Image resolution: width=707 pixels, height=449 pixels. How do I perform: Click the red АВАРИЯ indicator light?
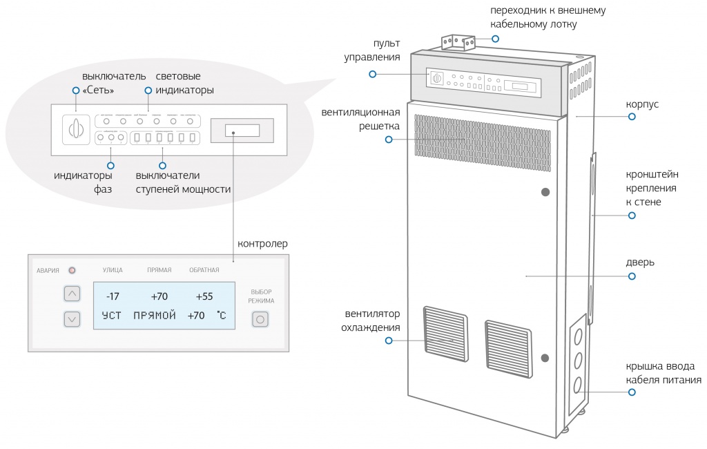point(71,270)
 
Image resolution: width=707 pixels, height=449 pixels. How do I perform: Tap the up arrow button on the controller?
point(72,294)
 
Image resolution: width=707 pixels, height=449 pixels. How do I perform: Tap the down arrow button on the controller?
point(72,319)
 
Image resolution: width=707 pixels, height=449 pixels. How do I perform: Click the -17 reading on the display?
point(113,297)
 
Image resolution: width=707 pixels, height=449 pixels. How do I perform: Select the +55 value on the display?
point(204,297)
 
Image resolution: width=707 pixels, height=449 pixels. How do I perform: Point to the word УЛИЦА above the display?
point(113,270)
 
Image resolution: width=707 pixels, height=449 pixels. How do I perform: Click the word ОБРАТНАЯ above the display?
point(204,270)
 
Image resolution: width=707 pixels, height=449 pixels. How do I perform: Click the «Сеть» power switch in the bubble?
point(76,129)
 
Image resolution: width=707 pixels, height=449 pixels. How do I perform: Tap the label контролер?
point(262,244)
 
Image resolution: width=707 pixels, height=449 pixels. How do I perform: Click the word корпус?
point(642,104)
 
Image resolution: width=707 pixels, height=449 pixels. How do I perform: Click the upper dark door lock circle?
point(545,192)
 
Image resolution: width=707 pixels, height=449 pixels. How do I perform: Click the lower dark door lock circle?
point(545,358)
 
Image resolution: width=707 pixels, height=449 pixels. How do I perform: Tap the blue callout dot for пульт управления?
point(373,74)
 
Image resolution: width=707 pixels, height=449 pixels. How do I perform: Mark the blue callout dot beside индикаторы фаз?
point(110,164)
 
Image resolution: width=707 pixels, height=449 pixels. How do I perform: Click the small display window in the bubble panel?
point(242,130)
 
